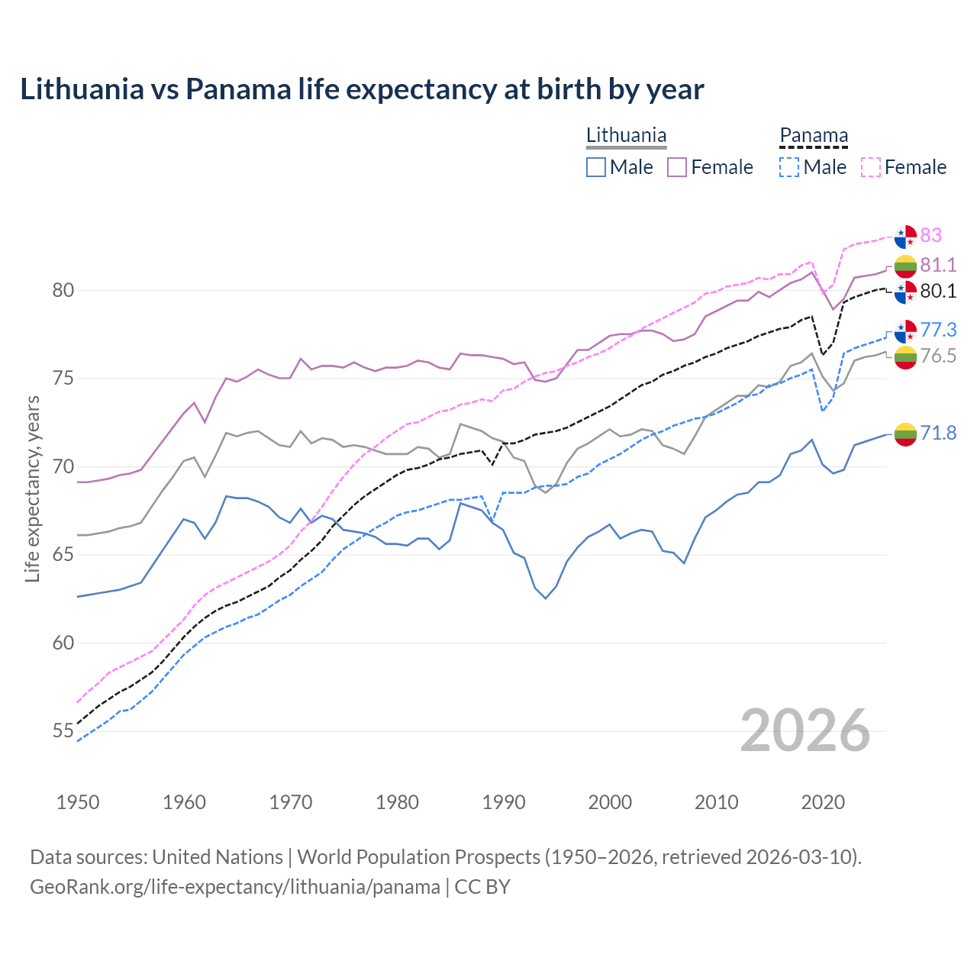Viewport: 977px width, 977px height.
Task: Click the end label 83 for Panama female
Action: tap(930, 235)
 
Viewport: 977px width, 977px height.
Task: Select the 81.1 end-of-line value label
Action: tap(938, 265)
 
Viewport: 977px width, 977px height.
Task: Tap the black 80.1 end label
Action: tap(938, 291)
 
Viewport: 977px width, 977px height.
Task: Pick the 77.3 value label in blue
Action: tap(938, 330)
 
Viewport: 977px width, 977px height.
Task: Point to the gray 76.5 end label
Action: tap(938, 356)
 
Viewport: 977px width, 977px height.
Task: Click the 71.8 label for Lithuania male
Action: tap(938, 433)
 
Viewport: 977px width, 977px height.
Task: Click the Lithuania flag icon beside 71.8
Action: tap(905, 434)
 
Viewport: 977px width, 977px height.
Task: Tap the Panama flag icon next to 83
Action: tap(905, 237)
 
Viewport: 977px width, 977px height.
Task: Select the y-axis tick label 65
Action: tap(63, 555)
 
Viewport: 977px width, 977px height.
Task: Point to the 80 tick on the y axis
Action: tap(63, 291)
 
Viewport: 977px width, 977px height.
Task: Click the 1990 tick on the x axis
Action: tap(504, 802)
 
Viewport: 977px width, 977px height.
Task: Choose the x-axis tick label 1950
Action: tap(78, 802)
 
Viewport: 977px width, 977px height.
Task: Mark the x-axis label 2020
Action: tap(823, 802)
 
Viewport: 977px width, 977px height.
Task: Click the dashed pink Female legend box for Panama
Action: tap(871, 167)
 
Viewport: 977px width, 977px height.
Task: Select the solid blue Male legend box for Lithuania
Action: tap(596, 167)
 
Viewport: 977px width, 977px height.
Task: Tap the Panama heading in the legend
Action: tap(814, 136)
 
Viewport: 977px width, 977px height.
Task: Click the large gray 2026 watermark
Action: tap(804, 730)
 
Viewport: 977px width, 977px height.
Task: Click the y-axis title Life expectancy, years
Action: tap(33, 488)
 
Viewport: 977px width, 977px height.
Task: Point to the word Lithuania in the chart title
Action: tap(82, 89)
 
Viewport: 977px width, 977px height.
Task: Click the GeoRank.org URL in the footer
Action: tap(235, 887)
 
